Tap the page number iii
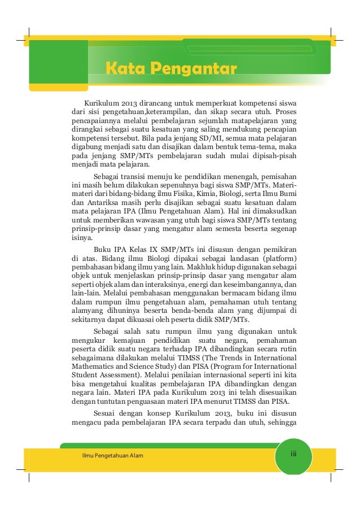pos(293,454)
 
